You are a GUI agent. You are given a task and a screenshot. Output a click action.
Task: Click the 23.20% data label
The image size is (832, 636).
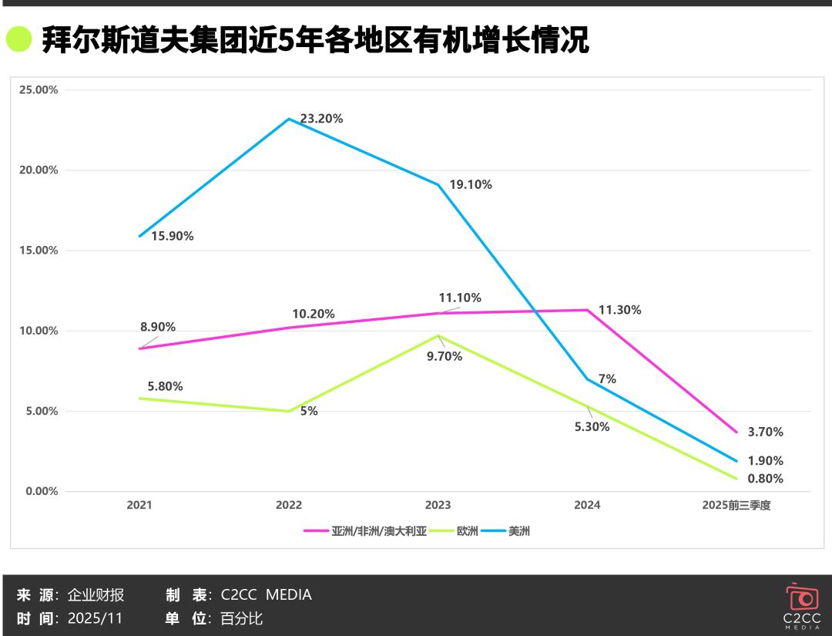[x=321, y=119]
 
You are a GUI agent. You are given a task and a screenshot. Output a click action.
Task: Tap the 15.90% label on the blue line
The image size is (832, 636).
[x=172, y=236]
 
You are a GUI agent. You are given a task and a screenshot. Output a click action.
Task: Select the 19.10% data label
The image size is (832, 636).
[x=471, y=185]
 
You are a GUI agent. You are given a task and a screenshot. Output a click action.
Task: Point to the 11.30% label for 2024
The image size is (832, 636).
[x=619, y=310]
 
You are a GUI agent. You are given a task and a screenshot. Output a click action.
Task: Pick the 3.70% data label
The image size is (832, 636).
[x=765, y=432]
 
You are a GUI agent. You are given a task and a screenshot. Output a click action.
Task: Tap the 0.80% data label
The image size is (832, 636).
[x=765, y=479]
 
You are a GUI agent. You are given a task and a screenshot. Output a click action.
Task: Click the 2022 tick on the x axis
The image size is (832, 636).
[x=289, y=506]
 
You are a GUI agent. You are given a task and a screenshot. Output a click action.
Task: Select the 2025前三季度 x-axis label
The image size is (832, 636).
[x=736, y=506]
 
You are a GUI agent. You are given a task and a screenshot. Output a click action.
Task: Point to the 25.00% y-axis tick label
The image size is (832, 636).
[x=39, y=89]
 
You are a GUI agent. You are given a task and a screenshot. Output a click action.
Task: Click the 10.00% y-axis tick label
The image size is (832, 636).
[x=39, y=331]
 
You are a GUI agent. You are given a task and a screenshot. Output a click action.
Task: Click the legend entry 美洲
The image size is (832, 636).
[x=518, y=531]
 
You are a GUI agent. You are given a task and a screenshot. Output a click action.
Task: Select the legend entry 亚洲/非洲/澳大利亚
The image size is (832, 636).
[x=378, y=531]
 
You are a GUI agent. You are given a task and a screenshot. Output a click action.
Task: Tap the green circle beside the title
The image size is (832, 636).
[x=18, y=39]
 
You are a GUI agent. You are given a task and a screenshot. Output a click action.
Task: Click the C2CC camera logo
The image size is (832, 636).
[x=801, y=599]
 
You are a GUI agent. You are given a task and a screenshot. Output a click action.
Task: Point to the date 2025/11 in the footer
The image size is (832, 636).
[x=95, y=618]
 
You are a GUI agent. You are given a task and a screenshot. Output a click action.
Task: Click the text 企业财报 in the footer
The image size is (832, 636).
[x=96, y=595]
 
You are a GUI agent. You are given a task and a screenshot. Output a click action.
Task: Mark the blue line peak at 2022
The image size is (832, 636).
[x=289, y=119]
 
